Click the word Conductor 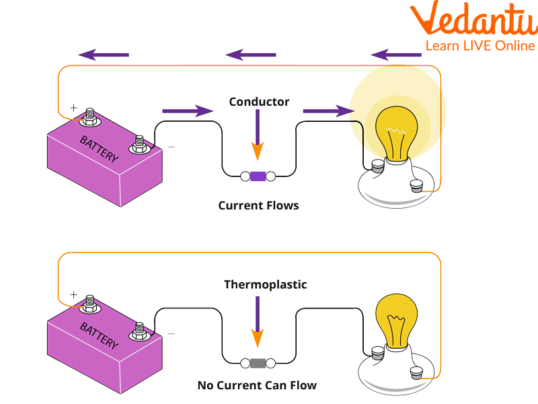[x=259, y=102]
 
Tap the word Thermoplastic [x=265, y=285]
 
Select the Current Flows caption [x=258, y=205]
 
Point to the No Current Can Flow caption [x=257, y=386]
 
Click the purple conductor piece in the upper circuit [x=258, y=176]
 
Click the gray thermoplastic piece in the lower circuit [x=258, y=364]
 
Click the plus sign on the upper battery [x=73, y=107]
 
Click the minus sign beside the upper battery [x=171, y=146]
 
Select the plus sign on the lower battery [x=73, y=295]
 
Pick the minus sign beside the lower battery [x=171, y=333]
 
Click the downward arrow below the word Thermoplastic [x=257, y=319]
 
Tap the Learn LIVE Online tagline [x=479, y=46]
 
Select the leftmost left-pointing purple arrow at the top [x=104, y=55]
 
